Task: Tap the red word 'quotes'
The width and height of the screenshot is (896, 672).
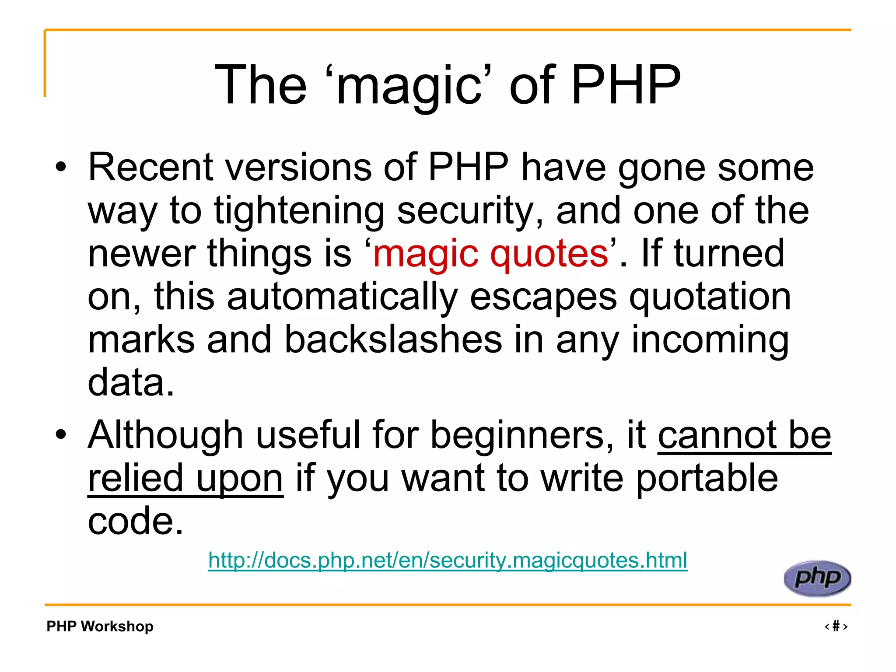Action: tap(549, 253)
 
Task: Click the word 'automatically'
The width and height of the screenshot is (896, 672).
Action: tap(342, 297)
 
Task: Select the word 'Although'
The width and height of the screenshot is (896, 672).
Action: tap(165, 435)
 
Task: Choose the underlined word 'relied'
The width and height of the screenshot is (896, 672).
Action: tap(135, 478)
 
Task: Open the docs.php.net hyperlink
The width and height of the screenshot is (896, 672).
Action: tap(448, 560)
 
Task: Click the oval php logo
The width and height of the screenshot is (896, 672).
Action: tap(817, 578)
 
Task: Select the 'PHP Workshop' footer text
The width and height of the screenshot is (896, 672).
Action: tap(100, 626)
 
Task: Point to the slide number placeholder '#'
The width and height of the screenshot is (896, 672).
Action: tap(836, 626)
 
